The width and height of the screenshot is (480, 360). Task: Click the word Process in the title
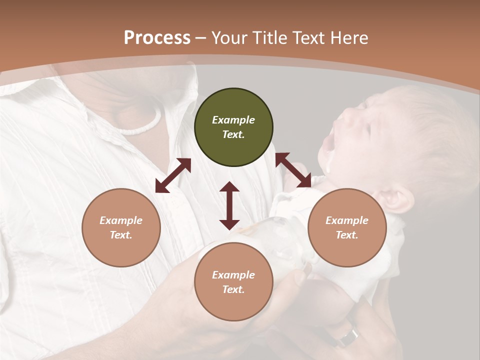point(157,38)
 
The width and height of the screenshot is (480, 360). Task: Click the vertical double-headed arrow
point(229,205)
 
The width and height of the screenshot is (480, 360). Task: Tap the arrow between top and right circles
point(293,170)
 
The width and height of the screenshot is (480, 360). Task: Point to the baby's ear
point(398,197)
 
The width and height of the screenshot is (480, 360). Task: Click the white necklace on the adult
point(142,125)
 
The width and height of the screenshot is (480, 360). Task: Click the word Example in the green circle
point(233,120)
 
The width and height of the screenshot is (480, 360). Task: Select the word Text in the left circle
point(121,235)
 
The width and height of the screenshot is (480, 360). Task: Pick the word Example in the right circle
point(347,220)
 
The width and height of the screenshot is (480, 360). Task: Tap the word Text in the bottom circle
point(233,289)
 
